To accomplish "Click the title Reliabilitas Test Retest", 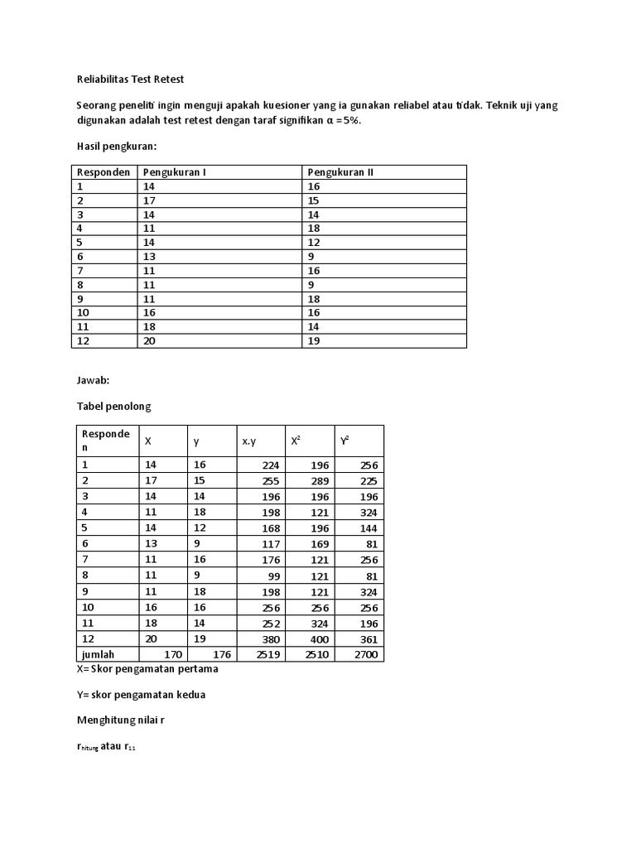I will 130,79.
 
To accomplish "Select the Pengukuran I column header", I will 175,172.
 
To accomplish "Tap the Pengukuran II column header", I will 340,172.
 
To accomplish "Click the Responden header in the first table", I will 104,172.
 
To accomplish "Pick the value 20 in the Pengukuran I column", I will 150,340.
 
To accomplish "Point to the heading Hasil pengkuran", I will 117,146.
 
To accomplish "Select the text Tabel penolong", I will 114,407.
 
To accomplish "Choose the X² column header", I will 296,441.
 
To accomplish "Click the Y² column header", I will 344,441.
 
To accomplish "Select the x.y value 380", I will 269,639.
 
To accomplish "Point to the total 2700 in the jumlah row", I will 365,655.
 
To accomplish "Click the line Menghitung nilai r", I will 121,720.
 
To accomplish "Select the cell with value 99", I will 273,576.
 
